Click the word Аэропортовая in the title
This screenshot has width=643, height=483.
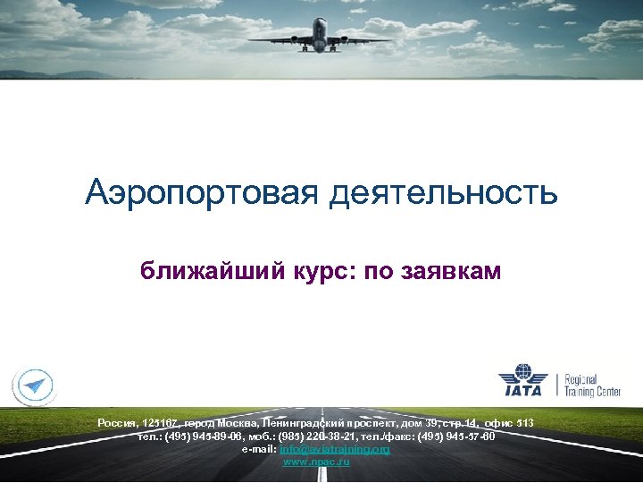click(x=203, y=192)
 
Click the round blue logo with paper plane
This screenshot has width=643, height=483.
click(x=34, y=386)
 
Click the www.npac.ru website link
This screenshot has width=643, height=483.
click(x=316, y=462)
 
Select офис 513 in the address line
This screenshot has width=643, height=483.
click(x=513, y=422)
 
